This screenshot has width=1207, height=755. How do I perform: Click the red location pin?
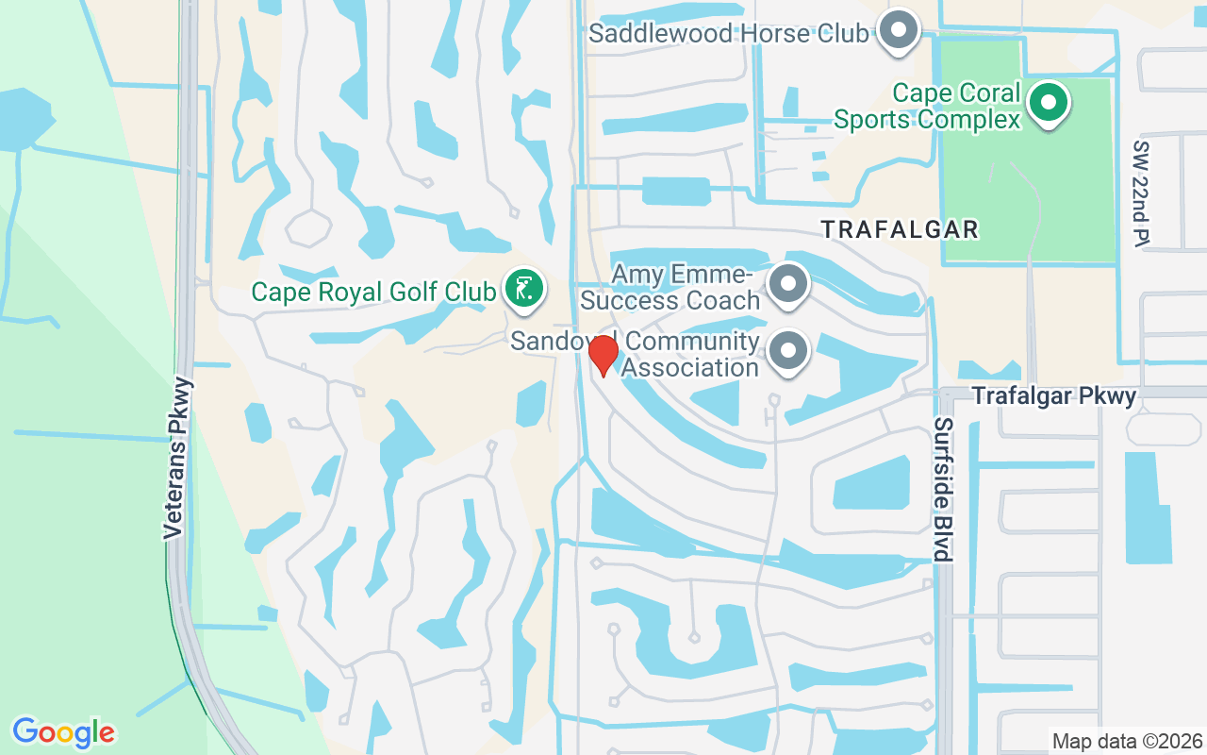603,355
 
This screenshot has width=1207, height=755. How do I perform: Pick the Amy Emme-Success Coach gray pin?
788,284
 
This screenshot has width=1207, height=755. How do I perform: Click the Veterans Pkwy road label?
176,459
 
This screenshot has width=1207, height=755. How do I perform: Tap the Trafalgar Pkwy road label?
1054,395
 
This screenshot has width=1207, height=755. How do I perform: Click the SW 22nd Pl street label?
1142,193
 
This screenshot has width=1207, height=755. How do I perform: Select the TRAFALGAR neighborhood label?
899,229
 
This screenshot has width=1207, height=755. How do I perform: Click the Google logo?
63,731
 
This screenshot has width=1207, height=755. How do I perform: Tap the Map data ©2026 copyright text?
1127,741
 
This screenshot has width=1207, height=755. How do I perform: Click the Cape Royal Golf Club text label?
372,292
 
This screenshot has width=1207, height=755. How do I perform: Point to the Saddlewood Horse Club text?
728,34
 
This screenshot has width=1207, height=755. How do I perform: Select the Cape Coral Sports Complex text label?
927,106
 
